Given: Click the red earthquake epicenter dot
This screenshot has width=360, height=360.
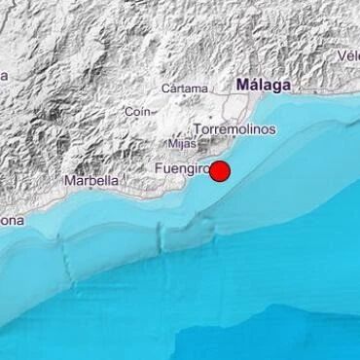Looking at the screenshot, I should coord(221,172).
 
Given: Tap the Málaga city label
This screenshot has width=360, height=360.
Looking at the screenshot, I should coord(263,87).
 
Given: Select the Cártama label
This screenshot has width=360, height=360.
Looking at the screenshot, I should coord(185,89).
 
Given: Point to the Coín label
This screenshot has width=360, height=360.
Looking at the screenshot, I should coord(136,111).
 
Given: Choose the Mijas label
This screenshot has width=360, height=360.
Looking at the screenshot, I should coord(170,143).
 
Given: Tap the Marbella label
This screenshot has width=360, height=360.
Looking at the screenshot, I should coord(91,180).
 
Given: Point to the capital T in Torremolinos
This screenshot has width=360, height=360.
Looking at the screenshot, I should coord(198,128).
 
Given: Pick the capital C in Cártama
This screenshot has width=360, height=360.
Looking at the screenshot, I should coord(165,89).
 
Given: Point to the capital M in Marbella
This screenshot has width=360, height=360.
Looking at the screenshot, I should coord(67,180).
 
